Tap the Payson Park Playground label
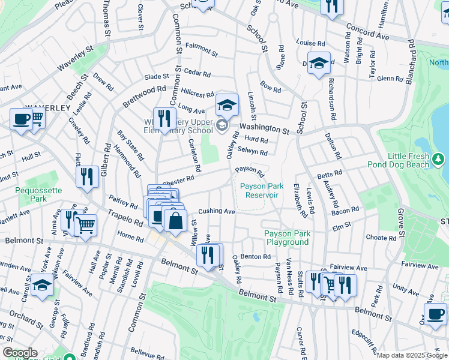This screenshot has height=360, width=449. coord(287,238)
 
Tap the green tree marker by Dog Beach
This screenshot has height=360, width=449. coord(439,158)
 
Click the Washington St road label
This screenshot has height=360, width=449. coord(264,128)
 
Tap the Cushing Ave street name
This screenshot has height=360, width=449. coord(216,211)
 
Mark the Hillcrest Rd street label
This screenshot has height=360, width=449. coord(197,94)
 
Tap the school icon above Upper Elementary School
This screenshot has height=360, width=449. coord(227,104)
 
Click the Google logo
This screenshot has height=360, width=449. coord(20,353)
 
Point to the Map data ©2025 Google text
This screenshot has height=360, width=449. coord(412,355)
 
